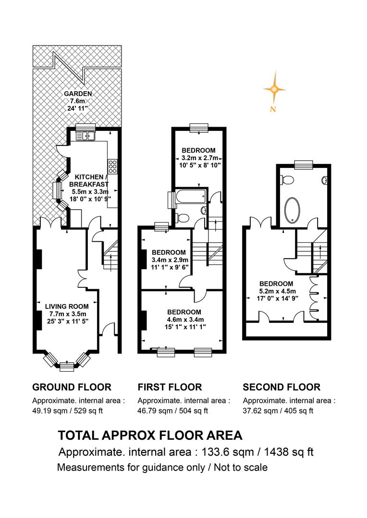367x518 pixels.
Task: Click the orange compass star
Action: [x=274, y=89]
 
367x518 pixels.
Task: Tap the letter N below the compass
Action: [x=273, y=109]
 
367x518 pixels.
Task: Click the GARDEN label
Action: [x=78, y=94]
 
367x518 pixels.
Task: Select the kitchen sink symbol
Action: [x=86, y=135]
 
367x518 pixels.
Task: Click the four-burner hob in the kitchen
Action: [x=113, y=166]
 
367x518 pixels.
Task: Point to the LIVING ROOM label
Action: [x=67, y=306]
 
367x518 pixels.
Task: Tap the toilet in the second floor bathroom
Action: [x=287, y=180]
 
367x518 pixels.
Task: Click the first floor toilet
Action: [x=182, y=218]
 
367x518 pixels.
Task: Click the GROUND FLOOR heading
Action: [x=72, y=387]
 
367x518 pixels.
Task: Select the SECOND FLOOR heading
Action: [x=281, y=387]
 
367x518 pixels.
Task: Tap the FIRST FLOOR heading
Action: [x=170, y=387]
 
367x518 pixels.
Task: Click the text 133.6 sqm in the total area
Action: [x=228, y=452]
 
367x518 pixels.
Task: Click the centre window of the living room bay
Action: [x=67, y=366]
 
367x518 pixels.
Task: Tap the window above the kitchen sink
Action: [x=86, y=127]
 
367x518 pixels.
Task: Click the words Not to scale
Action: [x=241, y=468]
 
